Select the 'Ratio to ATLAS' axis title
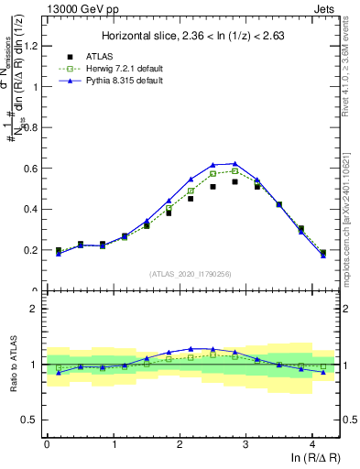tap(13, 364)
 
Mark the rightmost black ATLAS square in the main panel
tap(322, 253)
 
